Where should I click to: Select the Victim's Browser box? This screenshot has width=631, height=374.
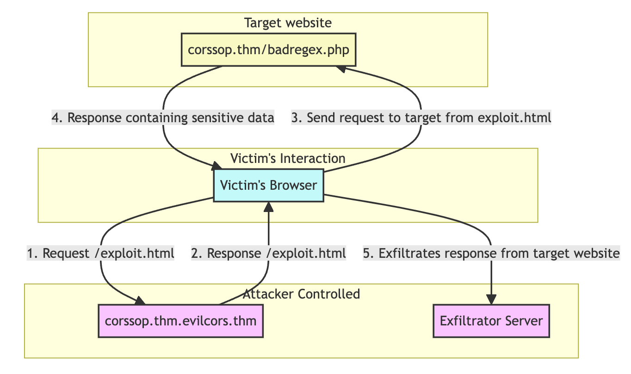(268, 185)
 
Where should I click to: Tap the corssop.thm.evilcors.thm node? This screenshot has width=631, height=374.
(181, 321)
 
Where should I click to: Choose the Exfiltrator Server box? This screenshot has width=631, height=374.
(491, 321)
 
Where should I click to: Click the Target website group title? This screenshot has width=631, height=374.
(288, 23)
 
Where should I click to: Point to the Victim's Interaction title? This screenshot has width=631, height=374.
(288, 158)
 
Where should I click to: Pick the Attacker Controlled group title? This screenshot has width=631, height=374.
(301, 294)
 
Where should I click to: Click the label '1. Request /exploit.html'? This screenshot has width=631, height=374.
(100, 253)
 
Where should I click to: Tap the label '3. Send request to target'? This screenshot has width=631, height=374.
(421, 118)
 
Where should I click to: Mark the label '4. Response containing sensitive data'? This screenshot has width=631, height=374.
(163, 118)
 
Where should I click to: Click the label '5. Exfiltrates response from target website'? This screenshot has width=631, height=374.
(491, 253)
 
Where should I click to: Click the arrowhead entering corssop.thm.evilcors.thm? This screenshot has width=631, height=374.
(140, 301)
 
